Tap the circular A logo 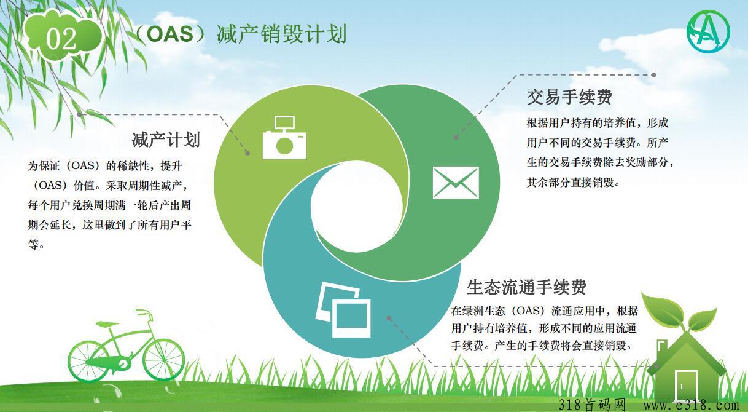708,31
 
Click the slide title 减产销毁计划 281,34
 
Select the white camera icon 284,137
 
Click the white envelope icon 456,183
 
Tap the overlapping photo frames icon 343,310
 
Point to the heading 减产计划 166,140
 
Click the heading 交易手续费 570,97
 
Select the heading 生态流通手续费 526,287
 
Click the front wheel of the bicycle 163,360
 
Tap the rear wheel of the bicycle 89,362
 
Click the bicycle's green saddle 106,323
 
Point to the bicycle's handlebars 144,314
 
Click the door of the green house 686,386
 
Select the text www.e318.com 691,405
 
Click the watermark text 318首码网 592,405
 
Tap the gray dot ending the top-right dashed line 654,75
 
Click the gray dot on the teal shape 389,318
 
